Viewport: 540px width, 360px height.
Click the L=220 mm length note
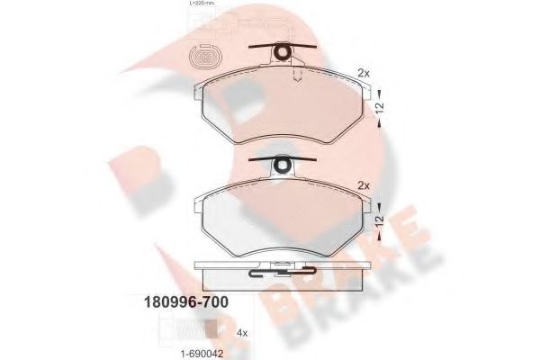coord(202,4)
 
